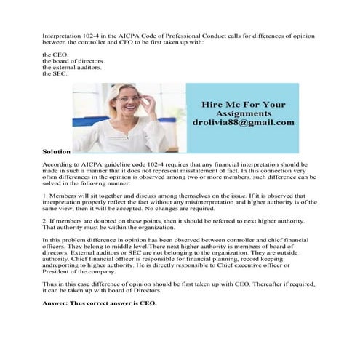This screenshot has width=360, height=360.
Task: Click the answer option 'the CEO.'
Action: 55,55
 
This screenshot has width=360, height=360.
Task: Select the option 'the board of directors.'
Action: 73,61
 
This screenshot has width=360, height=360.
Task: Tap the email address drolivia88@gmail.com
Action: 243,123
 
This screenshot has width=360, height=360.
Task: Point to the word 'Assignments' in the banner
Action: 243,113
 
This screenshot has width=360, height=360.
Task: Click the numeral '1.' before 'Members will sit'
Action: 45,196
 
